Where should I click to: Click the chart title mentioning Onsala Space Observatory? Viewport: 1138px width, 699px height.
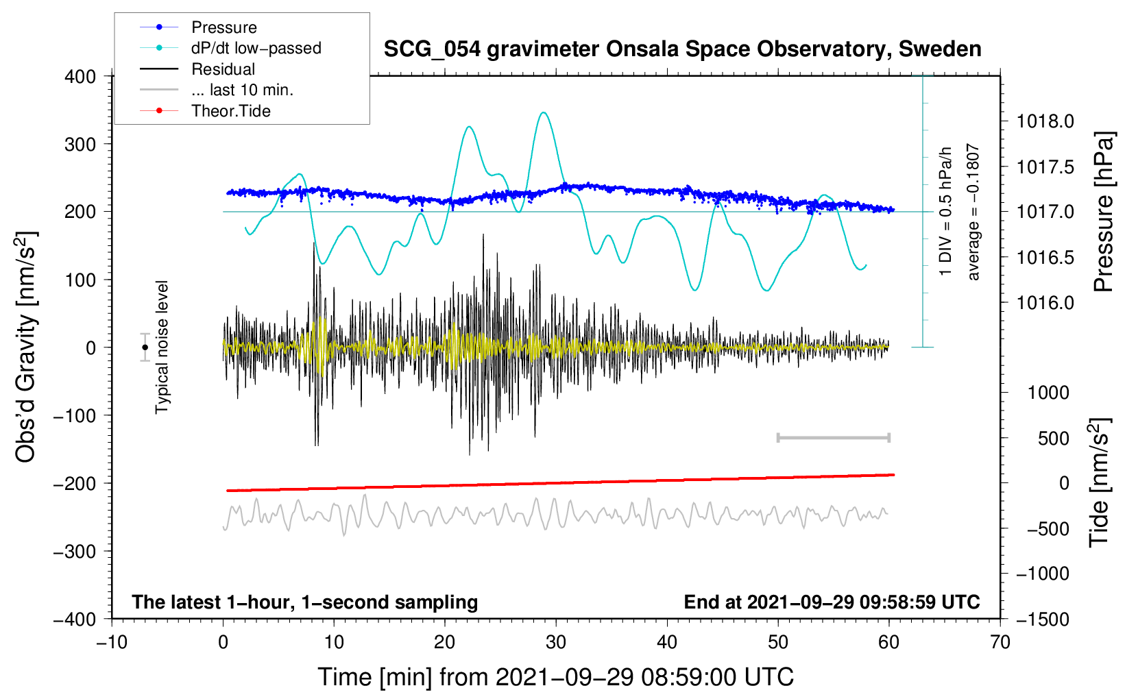(682, 49)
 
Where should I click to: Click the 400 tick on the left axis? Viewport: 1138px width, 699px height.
(80, 77)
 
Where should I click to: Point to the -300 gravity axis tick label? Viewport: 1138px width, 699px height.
(75, 552)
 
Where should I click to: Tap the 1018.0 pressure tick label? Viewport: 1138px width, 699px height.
(1045, 122)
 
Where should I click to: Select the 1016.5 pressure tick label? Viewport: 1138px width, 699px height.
(1045, 258)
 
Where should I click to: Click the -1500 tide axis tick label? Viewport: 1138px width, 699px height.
(1043, 620)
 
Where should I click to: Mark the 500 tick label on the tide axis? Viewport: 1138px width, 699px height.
(1053, 439)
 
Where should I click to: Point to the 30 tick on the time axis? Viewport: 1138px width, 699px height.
(556, 643)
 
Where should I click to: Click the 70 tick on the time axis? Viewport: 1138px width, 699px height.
(1000, 643)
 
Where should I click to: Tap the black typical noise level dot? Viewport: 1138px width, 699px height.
(145, 347)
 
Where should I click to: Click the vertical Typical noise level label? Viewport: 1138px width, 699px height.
(162, 347)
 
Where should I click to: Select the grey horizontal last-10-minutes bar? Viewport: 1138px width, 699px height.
(833, 437)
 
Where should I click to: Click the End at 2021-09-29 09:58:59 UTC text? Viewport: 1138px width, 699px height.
(832, 602)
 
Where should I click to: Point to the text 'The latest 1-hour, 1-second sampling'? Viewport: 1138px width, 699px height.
(305, 602)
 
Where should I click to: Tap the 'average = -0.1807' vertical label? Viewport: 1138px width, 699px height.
(973, 212)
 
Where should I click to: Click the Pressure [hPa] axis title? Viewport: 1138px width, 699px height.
(1103, 212)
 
